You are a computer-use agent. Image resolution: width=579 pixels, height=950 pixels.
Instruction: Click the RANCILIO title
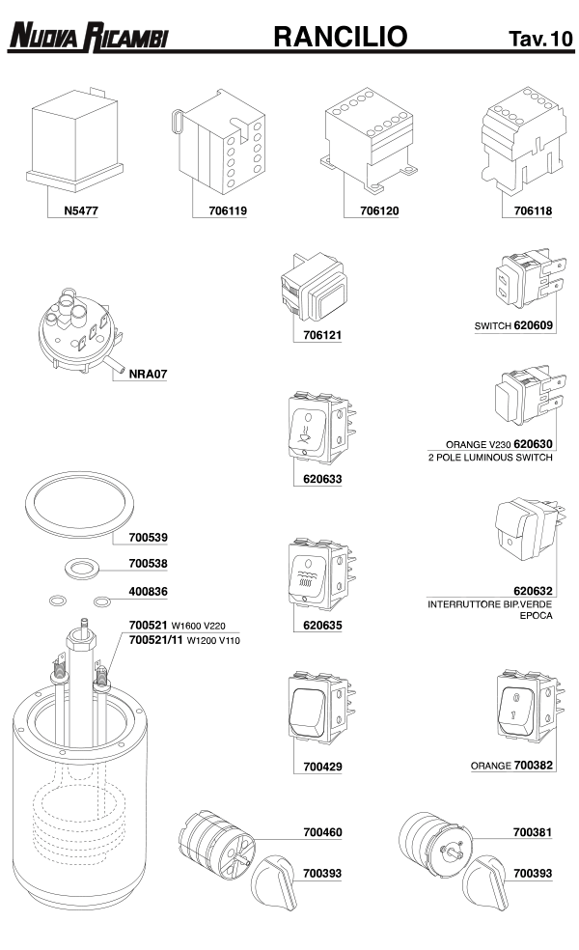pos(340,37)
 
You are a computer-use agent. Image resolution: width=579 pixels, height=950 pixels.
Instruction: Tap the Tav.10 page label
pos(539,39)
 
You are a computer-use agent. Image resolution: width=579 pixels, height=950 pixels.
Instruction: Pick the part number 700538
pos(149,563)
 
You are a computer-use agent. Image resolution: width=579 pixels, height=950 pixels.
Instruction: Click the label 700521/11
pos(154,640)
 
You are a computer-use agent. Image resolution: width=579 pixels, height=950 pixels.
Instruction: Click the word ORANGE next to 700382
pos(490,766)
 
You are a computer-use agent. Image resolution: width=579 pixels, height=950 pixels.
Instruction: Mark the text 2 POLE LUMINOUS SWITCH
pos(489,457)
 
